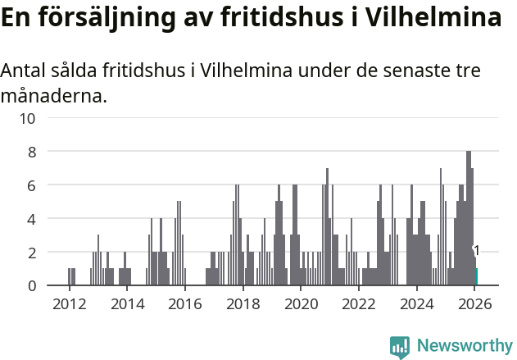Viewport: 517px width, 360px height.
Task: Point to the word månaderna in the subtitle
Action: point(54,97)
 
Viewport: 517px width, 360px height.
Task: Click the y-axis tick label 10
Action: point(27,118)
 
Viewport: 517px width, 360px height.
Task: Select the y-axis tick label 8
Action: point(31,152)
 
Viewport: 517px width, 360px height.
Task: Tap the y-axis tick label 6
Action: point(31,185)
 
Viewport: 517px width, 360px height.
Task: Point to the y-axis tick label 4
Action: point(31,219)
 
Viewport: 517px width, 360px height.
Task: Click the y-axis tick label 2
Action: point(31,253)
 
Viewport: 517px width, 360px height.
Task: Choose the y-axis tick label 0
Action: point(31,286)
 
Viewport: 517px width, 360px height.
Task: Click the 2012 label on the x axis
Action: point(69,303)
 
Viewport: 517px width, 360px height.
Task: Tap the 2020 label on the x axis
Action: point(301,303)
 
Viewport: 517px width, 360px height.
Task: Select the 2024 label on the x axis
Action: point(416,303)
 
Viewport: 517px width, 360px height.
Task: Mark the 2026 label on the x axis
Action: point(474,303)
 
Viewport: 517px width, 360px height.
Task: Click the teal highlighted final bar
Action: point(477,277)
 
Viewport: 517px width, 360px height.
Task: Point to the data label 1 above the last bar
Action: point(476,251)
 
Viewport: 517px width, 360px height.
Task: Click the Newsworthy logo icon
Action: point(400,346)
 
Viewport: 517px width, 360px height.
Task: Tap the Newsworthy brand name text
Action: point(465,346)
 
